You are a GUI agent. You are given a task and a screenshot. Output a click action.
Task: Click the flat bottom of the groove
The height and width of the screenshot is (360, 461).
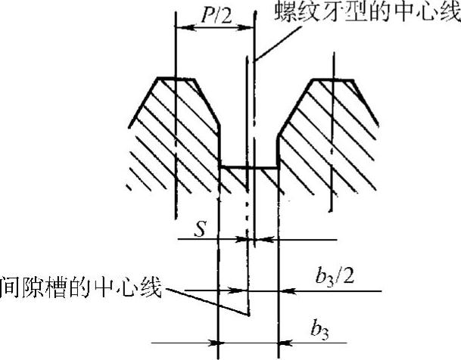248,168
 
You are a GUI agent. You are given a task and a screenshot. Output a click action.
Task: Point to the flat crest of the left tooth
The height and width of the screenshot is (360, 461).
176,79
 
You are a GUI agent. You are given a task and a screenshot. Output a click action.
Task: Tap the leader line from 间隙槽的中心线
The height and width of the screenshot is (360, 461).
208,301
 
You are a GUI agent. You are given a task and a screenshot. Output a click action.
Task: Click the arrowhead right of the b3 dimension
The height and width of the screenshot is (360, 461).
285,343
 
